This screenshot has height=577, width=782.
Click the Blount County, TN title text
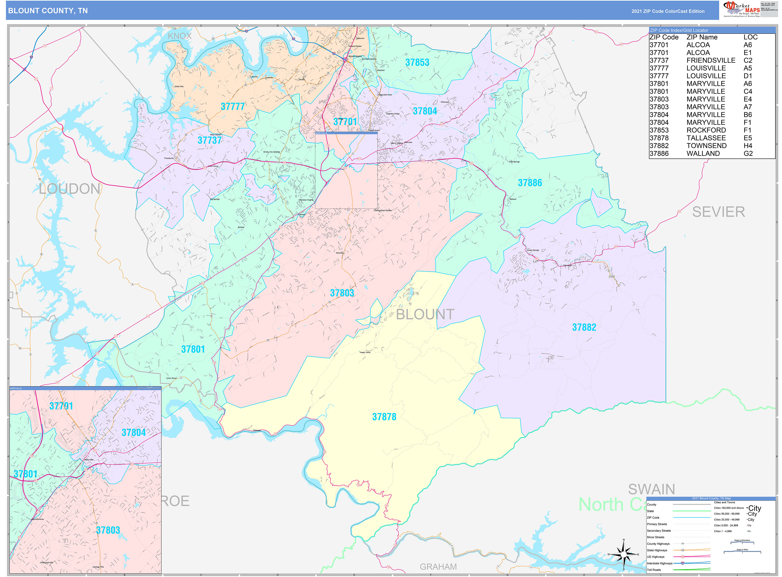coord(48,11)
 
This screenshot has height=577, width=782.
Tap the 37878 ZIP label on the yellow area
coord(384,417)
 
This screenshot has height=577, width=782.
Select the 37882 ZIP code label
coord(584,327)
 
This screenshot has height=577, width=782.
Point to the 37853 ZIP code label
coord(417,63)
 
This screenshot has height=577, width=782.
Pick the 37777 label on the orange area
coord(233,107)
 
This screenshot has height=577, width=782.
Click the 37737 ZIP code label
coord(209,140)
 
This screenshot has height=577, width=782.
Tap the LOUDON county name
coord(70,189)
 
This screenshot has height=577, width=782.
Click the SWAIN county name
coord(651,489)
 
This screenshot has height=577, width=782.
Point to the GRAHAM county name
coord(438,567)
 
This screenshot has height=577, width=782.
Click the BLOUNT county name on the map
coord(425,314)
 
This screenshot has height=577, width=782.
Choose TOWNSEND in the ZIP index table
coord(706,146)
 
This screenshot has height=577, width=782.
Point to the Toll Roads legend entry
coord(654,570)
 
